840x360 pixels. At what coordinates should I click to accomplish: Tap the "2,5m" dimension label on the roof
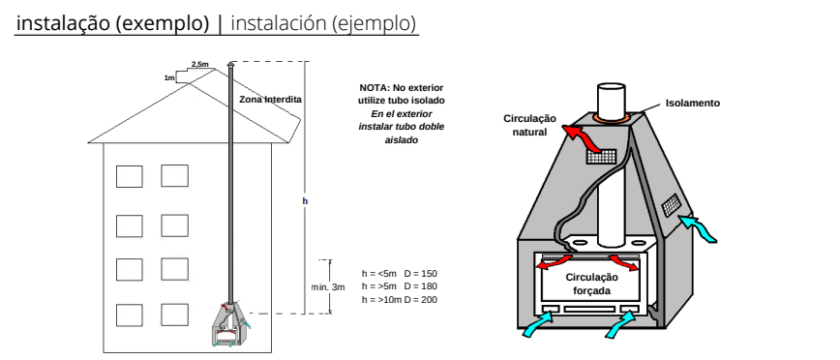pyautogui.click(x=200, y=64)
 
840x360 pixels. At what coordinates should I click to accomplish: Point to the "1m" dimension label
pyautogui.click(x=169, y=78)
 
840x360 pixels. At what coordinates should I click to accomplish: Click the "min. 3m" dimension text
pyautogui.click(x=328, y=287)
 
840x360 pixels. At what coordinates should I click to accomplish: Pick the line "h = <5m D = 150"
pyautogui.click(x=400, y=274)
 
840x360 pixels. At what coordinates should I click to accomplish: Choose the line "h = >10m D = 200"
pyautogui.click(x=400, y=299)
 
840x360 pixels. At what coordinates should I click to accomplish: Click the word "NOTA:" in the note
pyautogui.click(x=374, y=88)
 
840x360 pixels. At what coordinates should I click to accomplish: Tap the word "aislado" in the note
pyautogui.click(x=402, y=139)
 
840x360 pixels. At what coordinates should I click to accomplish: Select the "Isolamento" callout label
pyautogui.click(x=693, y=104)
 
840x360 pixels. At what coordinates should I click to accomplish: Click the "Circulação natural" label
pyautogui.click(x=529, y=125)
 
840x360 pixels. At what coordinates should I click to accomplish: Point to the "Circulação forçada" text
pyautogui.click(x=592, y=284)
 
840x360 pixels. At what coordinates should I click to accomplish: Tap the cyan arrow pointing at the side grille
pyautogui.click(x=699, y=227)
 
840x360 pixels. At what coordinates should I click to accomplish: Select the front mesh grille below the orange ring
pyautogui.click(x=601, y=157)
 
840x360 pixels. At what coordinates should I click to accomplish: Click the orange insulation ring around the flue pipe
pyautogui.click(x=612, y=116)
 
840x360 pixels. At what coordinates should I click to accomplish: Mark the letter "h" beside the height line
pyautogui.click(x=306, y=201)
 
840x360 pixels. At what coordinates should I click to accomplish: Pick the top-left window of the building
pyautogui.click(x=130, y=176)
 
